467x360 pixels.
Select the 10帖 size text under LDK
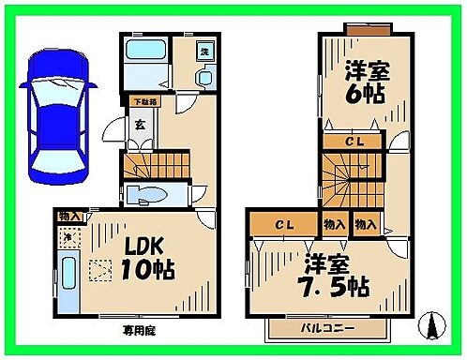point(143,273)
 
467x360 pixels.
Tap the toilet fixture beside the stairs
point(147,195)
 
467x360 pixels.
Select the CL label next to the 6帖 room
point(354,141)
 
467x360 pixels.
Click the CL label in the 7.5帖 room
point(283,224)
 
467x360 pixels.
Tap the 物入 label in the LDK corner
point(70,217)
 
